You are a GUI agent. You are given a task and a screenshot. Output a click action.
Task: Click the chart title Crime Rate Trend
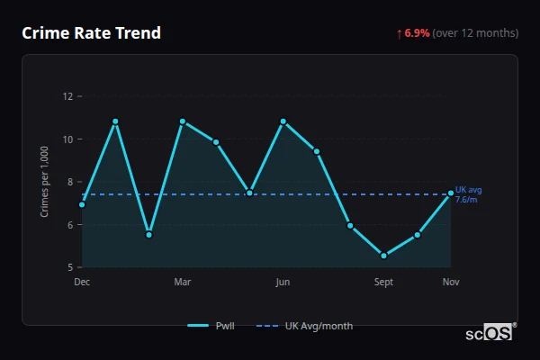tap(91, 33)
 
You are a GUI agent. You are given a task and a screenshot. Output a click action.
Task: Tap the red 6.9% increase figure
tap(417, 33)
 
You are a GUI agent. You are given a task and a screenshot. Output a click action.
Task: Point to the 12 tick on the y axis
tap(68, 96)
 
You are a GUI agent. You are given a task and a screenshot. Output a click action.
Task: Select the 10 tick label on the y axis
tap(68, 139)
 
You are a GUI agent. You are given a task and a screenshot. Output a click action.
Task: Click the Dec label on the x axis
tap(82, 283)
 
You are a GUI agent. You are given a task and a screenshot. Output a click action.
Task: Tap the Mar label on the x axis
tap(183, 283)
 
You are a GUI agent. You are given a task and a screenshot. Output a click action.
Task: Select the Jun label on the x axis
tap(283, 283)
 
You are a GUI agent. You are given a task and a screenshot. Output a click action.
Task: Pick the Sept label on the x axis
tap(383, 283)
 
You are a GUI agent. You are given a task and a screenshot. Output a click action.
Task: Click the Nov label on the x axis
tap(451, 283)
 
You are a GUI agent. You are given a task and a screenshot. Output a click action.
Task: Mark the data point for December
tap(82, 204)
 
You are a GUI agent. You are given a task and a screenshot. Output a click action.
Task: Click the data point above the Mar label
tap(183, 121)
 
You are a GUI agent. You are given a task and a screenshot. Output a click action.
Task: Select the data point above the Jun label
tap(283, 121)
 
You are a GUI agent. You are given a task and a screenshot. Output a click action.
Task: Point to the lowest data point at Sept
tap(383, 256)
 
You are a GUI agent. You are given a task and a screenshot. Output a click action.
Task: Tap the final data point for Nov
tap(451, 193)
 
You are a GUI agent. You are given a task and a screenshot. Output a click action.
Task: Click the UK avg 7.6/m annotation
tap(468, 194)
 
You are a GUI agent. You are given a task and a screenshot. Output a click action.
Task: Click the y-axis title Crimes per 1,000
tap(45, 182)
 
